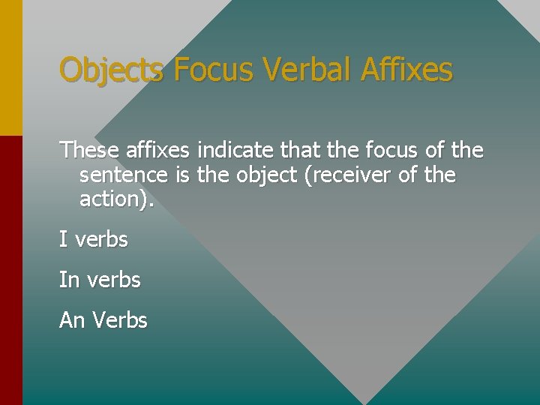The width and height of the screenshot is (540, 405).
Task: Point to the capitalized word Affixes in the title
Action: [x=406, y=70]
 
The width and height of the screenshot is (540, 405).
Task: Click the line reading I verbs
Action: [x=94, y=240]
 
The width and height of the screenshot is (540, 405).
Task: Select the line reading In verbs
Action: [x=100, y=280]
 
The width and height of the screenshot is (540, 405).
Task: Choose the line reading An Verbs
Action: [x=103, y=320]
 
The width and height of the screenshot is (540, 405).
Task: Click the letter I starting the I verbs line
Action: [x=62, y=240]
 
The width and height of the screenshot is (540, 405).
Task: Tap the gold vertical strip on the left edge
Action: [x=10, y=67]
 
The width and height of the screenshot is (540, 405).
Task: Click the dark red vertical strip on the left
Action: [x=10, y=270]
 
